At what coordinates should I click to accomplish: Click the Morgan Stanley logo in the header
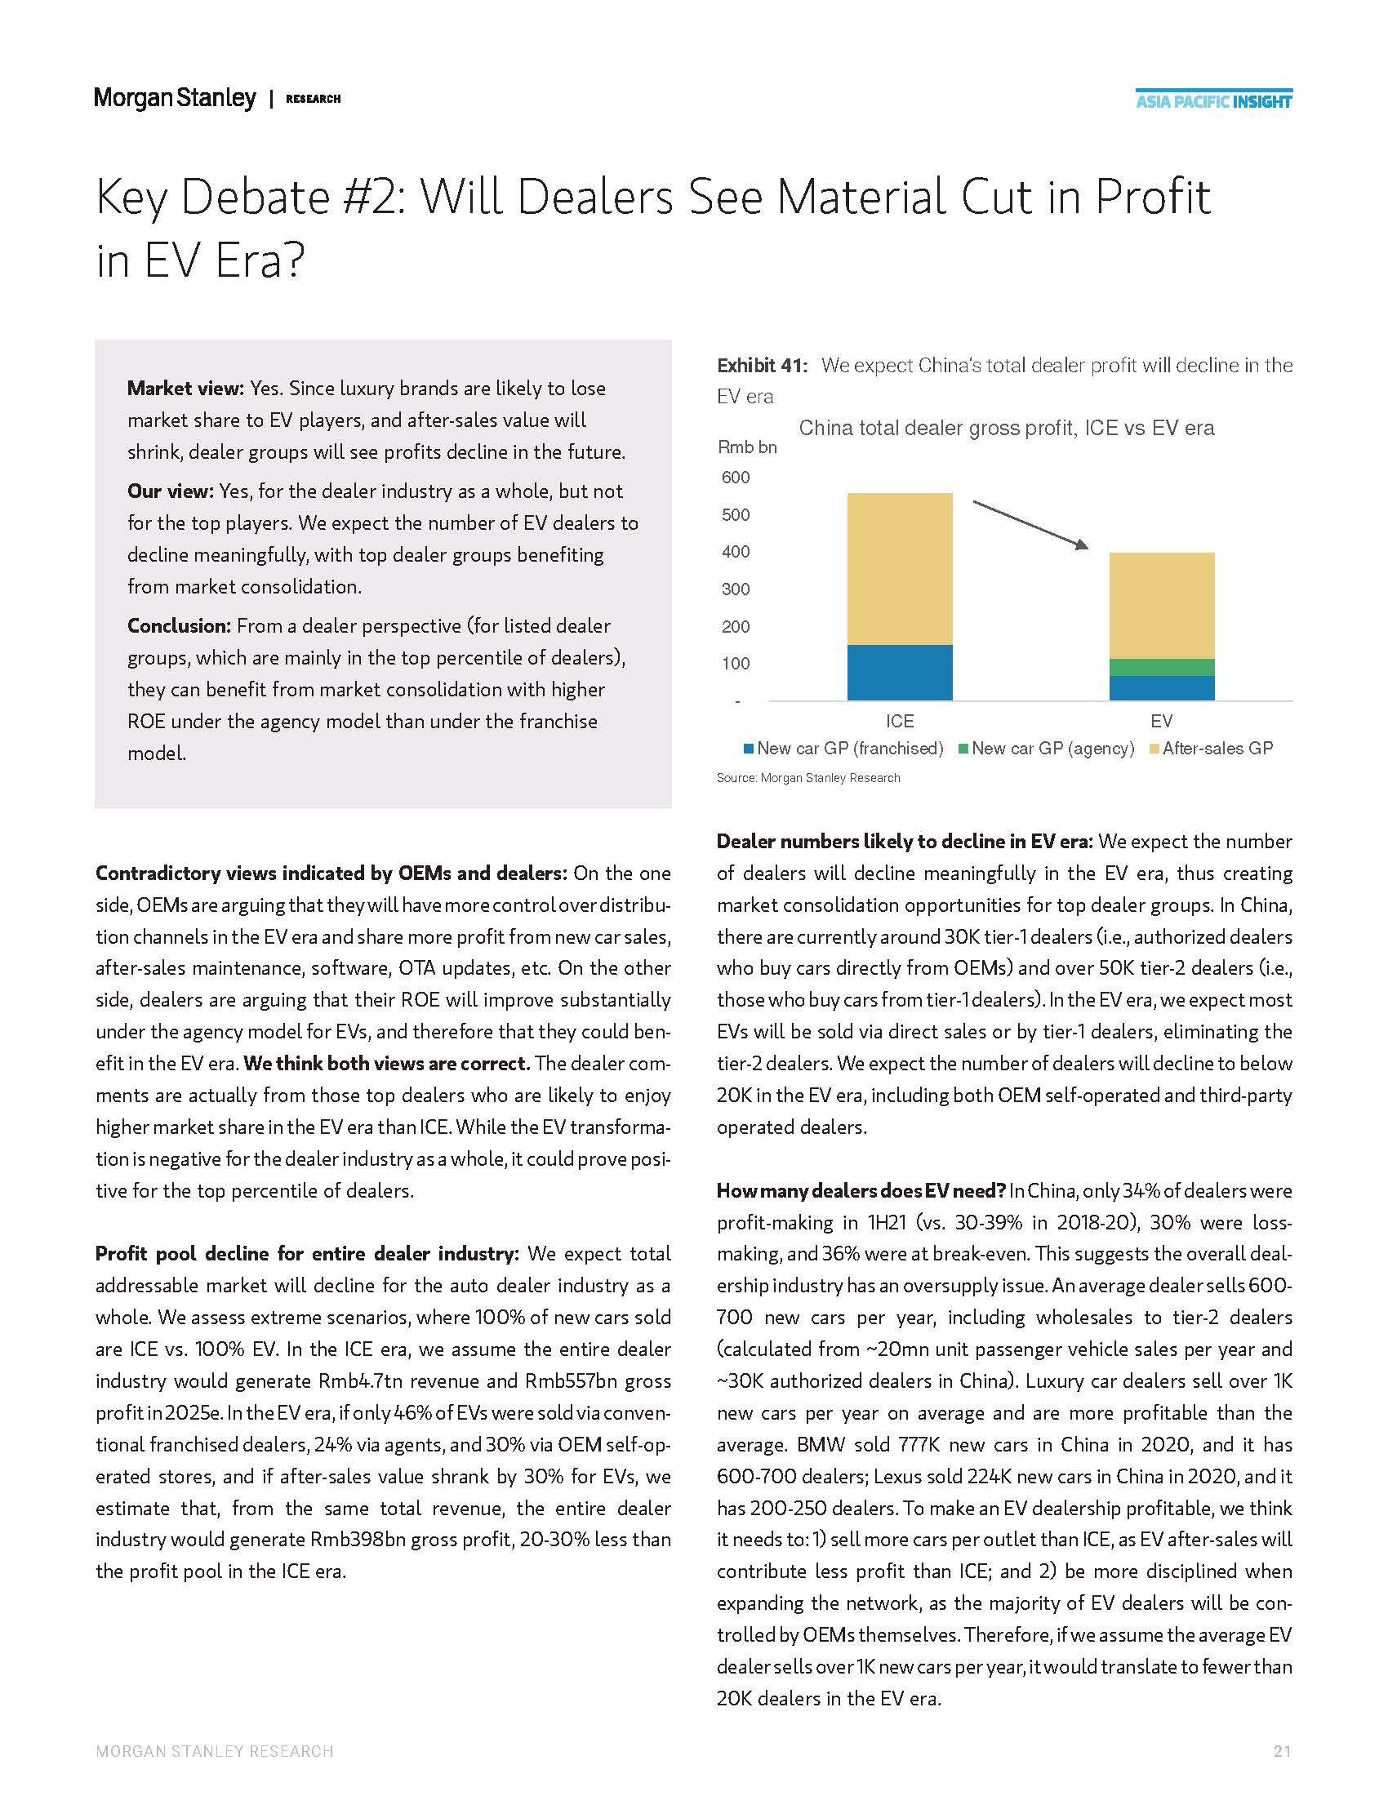click(176, 99)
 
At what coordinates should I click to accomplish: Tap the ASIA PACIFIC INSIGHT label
click(1213, 102)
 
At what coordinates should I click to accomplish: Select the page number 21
click(1282, 1752)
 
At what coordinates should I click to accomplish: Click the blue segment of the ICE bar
click(900, 672)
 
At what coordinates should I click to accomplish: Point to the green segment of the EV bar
click(1161, 667)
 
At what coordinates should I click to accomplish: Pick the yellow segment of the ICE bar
click(900, 568)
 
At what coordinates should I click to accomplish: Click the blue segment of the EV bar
click(1161, 688)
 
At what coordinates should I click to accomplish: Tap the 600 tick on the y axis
click(736, 477)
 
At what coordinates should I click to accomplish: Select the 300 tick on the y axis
click(736, 589)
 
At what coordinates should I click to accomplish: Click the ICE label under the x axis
click(900, 721)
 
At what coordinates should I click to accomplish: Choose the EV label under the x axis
click(1161, 721)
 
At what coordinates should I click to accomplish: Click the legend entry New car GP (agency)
click(1047, 749)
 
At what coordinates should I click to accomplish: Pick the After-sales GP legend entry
click(1211, 749)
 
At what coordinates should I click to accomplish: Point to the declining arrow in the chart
click(1030, 524)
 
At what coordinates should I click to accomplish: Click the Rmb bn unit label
click(746, 447)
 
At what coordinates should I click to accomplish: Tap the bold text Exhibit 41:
click(763, 365)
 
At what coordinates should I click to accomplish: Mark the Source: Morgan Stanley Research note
click(808, 778)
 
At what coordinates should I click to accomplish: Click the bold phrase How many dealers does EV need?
click(861, 1191)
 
